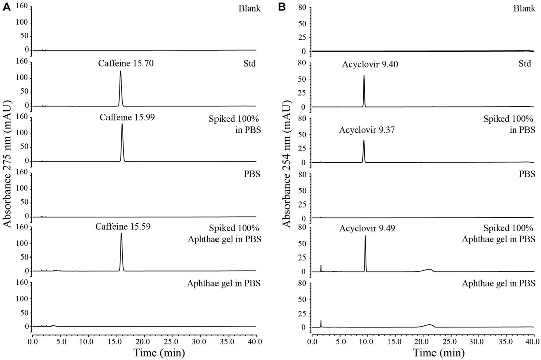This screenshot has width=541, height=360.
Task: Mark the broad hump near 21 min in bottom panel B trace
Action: click(x=429, y=325)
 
